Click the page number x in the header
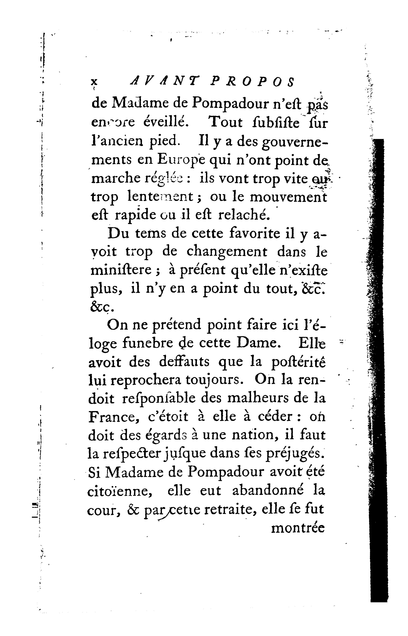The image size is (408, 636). click(x=93, y=82)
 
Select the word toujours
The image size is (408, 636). click(x=214, y=381)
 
